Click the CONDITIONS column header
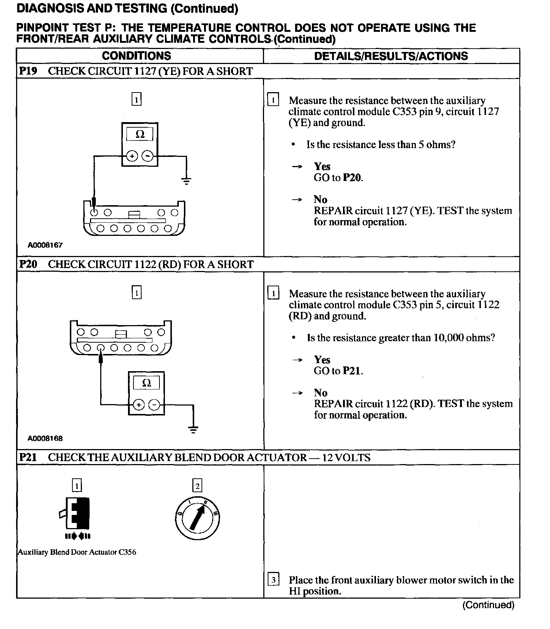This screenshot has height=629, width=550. pos(136,56)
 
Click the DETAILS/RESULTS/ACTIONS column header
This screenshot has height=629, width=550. pos(391,56)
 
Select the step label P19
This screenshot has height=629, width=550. pos(28,71)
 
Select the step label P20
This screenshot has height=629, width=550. pos(28,264)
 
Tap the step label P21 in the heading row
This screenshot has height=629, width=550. pos(28,457)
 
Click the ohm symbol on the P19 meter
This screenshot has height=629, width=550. pos(140,134)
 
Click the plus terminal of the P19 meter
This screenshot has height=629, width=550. pos(132,156)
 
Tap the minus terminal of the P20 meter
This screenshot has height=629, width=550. pos(154,405)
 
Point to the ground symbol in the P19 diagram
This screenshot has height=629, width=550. pos(187,180)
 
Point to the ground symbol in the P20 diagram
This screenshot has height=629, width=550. pos(193,429)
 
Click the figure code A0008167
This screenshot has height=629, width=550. pos(45,245)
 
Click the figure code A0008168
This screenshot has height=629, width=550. pos(45,438)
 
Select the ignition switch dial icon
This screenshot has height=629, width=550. pos(197,517)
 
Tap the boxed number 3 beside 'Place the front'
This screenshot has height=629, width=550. pos(274,580)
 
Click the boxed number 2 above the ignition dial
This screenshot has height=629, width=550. pos(197,486)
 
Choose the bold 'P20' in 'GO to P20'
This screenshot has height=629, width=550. pos(352,178)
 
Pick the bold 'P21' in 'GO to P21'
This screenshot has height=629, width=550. pos(352,371)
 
